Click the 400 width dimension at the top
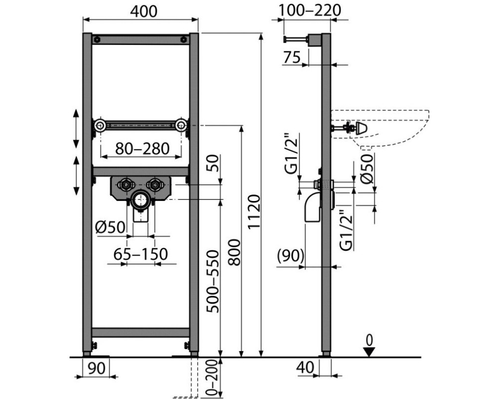(x=140, y=10)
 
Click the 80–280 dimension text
(x=141, y=148)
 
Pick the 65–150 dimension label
(x=141, y=254)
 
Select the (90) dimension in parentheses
(x=291, y=256)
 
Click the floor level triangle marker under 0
(x=368, y=352)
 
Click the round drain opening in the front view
(x=140, y=201)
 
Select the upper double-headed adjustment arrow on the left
(x=76, y=129)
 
